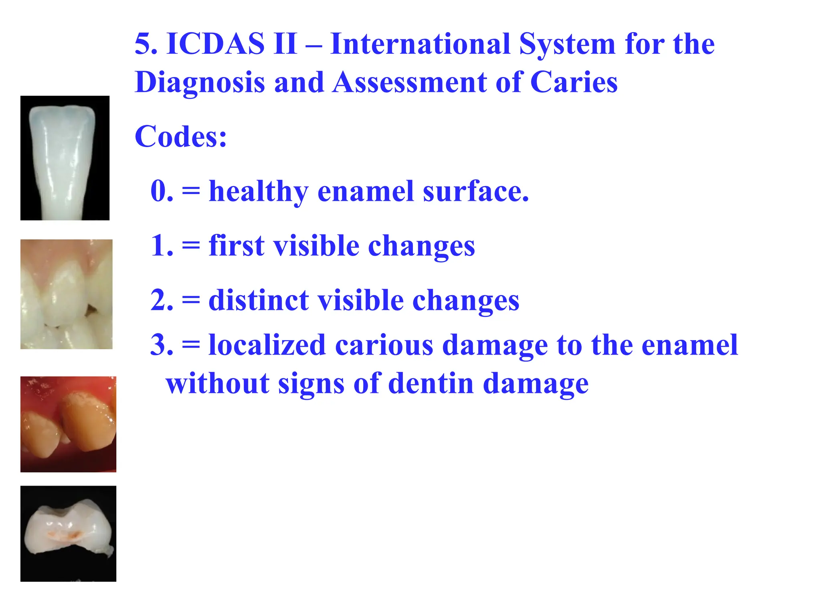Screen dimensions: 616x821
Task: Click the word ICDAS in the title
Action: (x=215, y=44)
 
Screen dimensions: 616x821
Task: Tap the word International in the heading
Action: (x=420, y=44)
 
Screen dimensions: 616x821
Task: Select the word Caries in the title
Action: (x=574, y=83)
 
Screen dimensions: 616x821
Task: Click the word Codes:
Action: (x=181, y=137)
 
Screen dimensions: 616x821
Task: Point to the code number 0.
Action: (x=162, y=191)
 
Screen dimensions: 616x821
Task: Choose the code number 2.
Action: (x=162, y=300)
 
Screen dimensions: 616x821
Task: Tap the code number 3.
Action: (x=162, y=345)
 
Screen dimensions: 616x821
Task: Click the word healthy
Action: (x=259, y=192)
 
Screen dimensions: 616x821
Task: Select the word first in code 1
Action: (x=236, y=245)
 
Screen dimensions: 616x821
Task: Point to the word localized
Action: (x=267, y=345)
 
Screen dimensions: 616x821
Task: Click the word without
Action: (x=217, y=383)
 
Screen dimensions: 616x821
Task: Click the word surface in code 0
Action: (x=475, y=192)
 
